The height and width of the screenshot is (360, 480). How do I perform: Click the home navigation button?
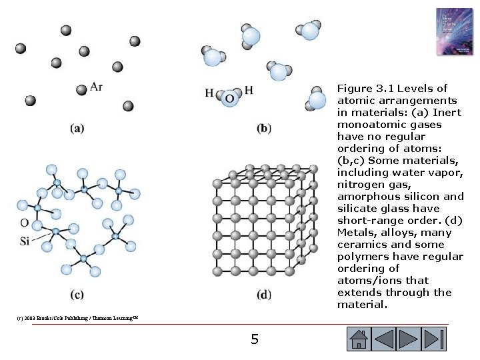tap(358, 339)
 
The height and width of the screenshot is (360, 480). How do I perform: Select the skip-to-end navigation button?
tap(435, 339)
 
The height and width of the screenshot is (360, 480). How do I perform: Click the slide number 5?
tap(254, 340)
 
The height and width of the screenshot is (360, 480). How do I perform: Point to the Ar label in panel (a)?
tap(96, 87)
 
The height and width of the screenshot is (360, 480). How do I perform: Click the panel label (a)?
tap(77, 128)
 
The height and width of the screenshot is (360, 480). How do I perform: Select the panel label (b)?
tap(264, 128)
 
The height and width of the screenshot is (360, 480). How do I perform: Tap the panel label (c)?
tap(77, 294)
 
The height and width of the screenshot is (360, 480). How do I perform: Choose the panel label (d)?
tap(264, 294)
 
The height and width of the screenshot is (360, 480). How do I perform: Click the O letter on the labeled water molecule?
tap(229, 98)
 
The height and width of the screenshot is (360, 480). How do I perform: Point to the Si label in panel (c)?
tap(25, 241)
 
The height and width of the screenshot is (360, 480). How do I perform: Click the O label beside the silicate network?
tap(25, 223)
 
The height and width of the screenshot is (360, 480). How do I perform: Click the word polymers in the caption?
tap(361, 257)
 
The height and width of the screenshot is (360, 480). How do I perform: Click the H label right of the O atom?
tap(249, 90)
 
